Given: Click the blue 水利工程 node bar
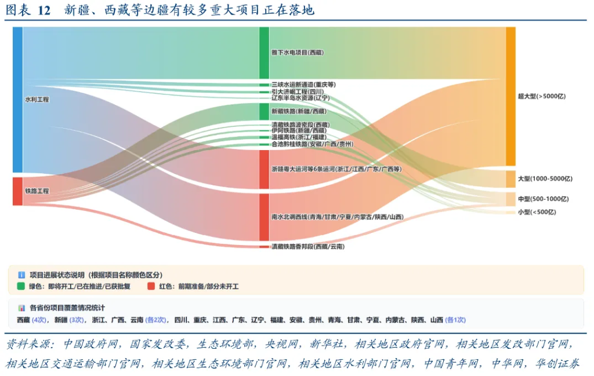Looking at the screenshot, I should pos(17,99).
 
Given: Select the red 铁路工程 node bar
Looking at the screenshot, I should pos(17,191).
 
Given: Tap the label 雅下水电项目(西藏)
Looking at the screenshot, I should pos(298,52).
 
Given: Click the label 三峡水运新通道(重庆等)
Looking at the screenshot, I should pos(303,85).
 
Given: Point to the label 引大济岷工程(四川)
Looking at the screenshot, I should pos(298,92).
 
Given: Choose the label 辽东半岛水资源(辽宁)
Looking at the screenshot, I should pos(300,98).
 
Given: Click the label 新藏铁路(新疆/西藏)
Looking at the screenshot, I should pos(299,111).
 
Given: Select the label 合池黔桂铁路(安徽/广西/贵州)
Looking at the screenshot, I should pos(312,144).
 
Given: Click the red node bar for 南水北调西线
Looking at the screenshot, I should pos(264,217).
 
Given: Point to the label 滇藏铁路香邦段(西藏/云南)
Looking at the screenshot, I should pos(308,247).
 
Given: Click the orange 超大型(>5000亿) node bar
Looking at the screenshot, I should pos(510,96).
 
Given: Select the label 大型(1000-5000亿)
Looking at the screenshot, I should pos(545,179).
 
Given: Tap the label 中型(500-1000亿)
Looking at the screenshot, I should pos(543,199).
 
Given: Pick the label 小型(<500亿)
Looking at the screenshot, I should pos(537,212).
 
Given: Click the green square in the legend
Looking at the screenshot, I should pos(21,286).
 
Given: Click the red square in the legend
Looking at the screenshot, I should pos(151,286).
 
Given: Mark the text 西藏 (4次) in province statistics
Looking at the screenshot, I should pos(32,320).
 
